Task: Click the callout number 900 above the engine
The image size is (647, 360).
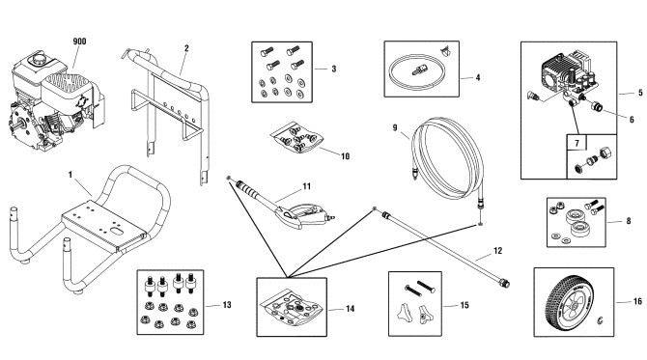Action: tap(79, 42)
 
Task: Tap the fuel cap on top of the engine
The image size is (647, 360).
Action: tap(40, 59)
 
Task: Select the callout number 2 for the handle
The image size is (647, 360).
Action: tap(186, 48)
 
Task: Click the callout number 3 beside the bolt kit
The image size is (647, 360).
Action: tap(334, 69)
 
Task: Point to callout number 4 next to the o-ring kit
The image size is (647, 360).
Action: tap(478, 77)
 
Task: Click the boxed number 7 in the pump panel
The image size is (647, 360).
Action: tap(577, 143)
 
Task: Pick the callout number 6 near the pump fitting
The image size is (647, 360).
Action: tap(632, 120)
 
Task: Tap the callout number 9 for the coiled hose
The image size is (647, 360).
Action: tap(395, 127)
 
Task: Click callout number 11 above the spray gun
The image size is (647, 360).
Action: tap(306, 187)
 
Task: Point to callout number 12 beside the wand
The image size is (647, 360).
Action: tap(498, 251)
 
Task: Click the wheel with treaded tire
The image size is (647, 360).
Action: tap(569, 302)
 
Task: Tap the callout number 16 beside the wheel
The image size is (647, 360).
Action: tap(637, 301)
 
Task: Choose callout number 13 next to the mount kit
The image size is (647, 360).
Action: tap(227, 305)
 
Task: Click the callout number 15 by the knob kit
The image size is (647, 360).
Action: tap(464, 305)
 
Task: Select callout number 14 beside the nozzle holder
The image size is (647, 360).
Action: tap(350, 309)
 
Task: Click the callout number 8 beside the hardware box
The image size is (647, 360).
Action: tap(629, 221)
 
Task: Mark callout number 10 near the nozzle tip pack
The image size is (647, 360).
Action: tap(345, 156)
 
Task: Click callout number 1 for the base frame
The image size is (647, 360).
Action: tap(70, 175)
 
